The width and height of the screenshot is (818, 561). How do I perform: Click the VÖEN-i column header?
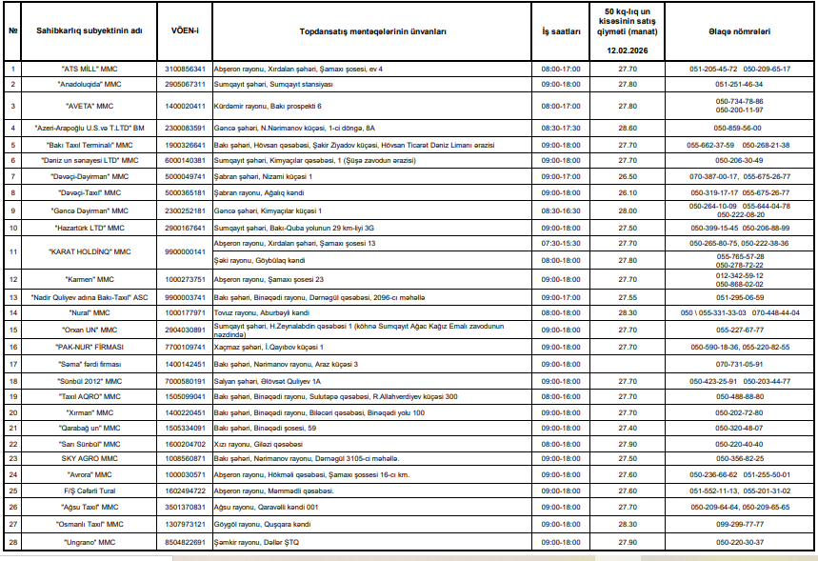[x=185, y=31]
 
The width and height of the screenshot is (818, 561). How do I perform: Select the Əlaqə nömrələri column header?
[x=739, y=31]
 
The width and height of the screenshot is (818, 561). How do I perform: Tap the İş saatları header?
[x=561, y=31]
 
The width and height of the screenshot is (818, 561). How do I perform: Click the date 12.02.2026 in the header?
[x=628, y=50]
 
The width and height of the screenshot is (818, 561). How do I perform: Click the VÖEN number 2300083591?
[x=185, y=127]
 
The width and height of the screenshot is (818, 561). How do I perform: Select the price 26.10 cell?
[x=628, y=192]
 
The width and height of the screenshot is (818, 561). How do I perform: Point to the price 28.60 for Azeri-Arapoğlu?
[x=628, y=127]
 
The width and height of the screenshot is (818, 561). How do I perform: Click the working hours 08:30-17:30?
[x=561, y=127]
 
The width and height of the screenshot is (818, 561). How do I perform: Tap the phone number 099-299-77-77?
[x=739, y=524]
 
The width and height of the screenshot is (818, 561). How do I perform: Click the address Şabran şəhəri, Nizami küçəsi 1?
[x=266, y=176]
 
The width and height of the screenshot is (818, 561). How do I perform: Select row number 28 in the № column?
[x=13, y=541]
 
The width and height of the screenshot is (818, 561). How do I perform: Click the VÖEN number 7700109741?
[x=185, y=347]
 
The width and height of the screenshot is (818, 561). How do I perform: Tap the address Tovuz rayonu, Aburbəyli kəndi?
[x=262, y=312]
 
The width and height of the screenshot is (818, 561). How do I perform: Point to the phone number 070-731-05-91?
[x=739, y=364]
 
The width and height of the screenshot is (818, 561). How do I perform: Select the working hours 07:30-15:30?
[x=561, y=243]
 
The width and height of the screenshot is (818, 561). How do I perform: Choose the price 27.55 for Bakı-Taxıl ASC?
[x=628, y=297]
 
